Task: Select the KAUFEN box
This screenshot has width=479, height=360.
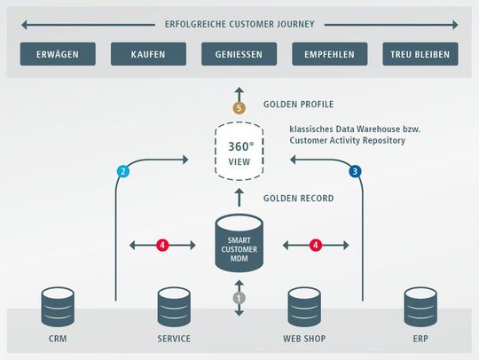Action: tap(148, 54)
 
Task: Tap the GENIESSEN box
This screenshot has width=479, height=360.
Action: tap(239, 54)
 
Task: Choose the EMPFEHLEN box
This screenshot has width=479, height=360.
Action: tap(330, 54)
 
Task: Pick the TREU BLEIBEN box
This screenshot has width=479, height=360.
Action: tap(420, 54)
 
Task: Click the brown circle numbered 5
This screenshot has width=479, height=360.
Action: tap(239, 107)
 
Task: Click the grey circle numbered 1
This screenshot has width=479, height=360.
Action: tap(239, 299)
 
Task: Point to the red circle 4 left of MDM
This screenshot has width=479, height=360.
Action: tap(162, 244)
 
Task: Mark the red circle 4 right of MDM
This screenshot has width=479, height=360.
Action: tap(314, 244)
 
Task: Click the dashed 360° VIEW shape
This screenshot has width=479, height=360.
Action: tap(239, 151)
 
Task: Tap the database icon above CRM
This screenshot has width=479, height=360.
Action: tap(59, 307)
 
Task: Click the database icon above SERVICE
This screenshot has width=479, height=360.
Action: tap(174, 307)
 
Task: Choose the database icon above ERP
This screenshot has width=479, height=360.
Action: tap(420, 307)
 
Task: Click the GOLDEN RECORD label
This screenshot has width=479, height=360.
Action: tap(298, 199)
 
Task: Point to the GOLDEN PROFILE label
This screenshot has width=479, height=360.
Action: tap(298, 105)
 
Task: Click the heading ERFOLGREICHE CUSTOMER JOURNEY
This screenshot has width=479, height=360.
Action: tap(239, 24)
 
